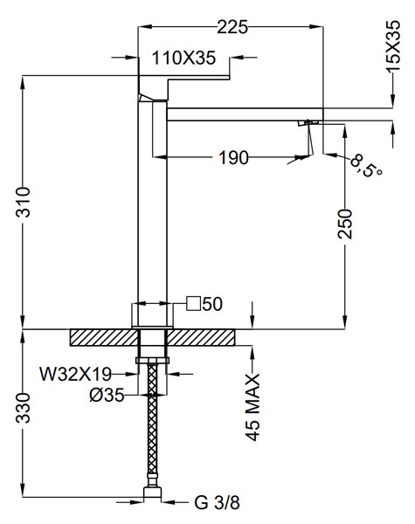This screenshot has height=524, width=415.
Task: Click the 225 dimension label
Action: pyautogui.click(x=232, y=27)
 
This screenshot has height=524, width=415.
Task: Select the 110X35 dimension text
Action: pyautogui.click(x=183, y=58)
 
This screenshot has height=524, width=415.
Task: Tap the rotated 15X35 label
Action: pyautogui.click(x=393, y=46)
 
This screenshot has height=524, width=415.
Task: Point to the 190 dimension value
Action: pyautogui.click(x=233, y=157)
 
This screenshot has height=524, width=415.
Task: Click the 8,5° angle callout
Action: pyautogui.click(x=365, y=166)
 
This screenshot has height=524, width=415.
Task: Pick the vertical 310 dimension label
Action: pyautogui.click(x=23, y=203)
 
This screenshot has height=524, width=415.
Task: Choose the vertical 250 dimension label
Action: pyautogui.click(x=345, y=224)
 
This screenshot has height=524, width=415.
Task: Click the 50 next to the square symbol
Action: pyautogui.click(x=212, y=304)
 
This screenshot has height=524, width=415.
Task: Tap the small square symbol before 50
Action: pyautogui.click(x=194, y=303)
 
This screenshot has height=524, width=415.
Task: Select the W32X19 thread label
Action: pyautogui.click(x=76, y=374)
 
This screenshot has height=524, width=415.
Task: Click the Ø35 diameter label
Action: pyautogui.click(x=107, y=396)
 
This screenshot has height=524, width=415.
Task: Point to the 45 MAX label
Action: pyautogui.click(x=252, y=407)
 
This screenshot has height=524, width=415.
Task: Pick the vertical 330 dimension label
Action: pyautogui.click(x=23, y=408)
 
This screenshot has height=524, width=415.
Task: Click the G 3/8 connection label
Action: pyautogui.click(x=217, y=502)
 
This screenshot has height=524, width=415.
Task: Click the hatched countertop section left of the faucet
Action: pyautogui.click(x=104, y=337)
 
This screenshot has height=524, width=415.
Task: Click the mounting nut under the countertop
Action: pyautogui.click(x=152, y=360)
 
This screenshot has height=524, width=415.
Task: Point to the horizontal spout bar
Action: pyautogui.click(x=245, y=114)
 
